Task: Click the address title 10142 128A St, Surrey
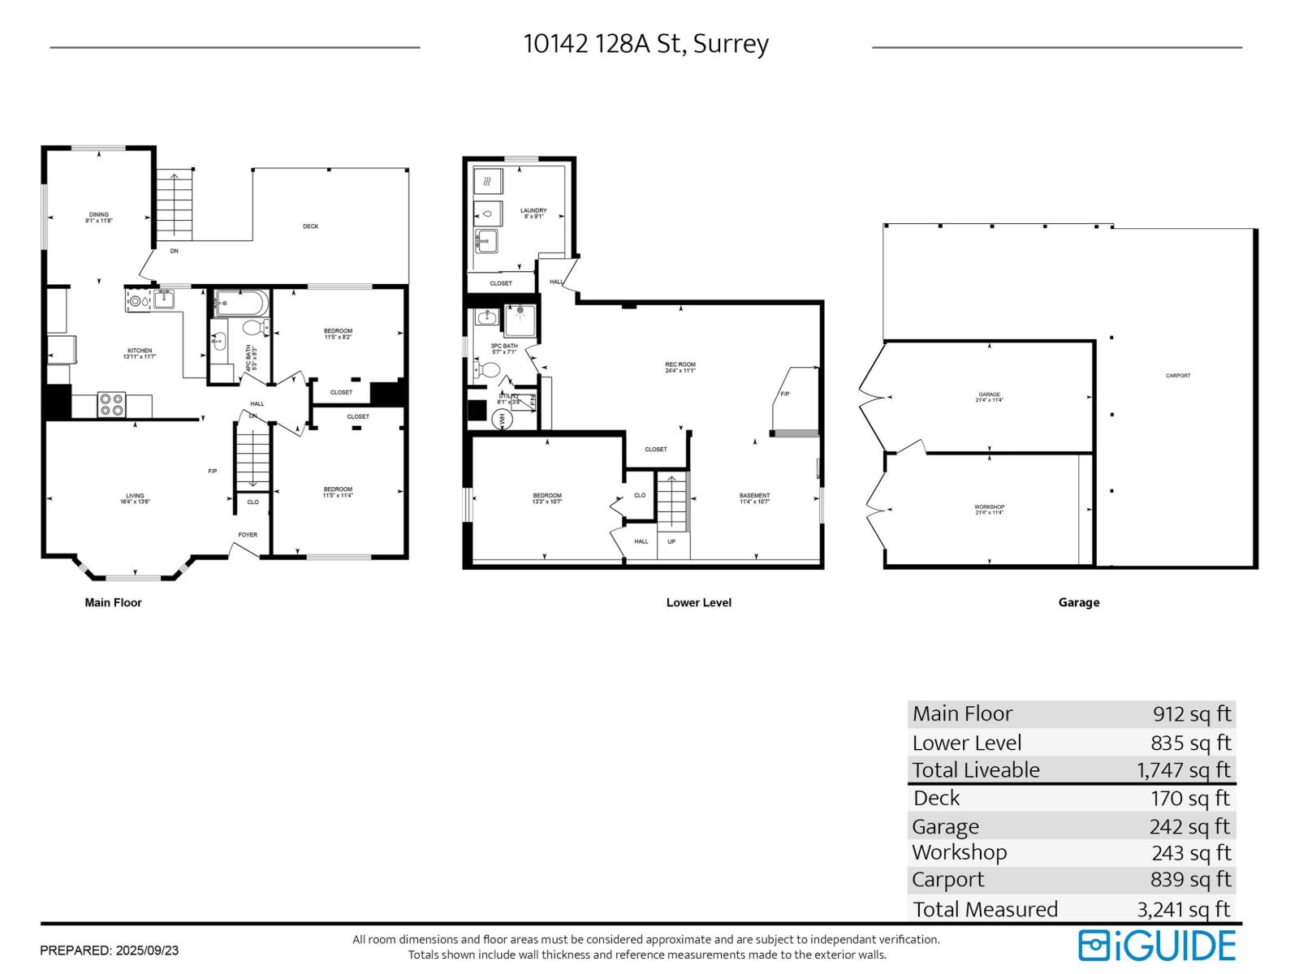pyautogui.click(x=645, y=44)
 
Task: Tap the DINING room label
pyautogui.click(x=98, y=215)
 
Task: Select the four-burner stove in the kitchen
pyautogui.click(x=112, y=404)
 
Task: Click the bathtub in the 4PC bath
pyautogui.click(x=240, y=305)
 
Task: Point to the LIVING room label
pyautogui.click(x=135, y=496)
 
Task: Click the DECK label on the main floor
pyautogui.click(x=310, y=226)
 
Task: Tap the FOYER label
pyautogui.click(x=248, y=535)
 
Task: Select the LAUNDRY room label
pyautogui.click(x=533, y=211)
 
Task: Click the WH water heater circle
pyautogui.click(x=501, y=420)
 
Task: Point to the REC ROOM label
pyautogui.click(x=680, y=365)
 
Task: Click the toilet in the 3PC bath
pyautogui.click(x=489, y=371)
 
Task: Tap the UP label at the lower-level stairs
pyautogui.click(x=671, y=541)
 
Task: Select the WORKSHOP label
pyautogui.click(x=989, y=507)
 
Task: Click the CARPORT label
pyautogui.click(x=1177, y=376)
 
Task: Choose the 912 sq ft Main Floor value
pyautogui.click(x=1191, y=714)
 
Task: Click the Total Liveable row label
pyautogui.click(x=976, y=769)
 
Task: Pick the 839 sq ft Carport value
pyautogui.click(x=1191, y=879)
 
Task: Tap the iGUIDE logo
pyautogui.click(x=1157, y=946)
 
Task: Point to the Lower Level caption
pyautogui.click(x=698, y=602)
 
